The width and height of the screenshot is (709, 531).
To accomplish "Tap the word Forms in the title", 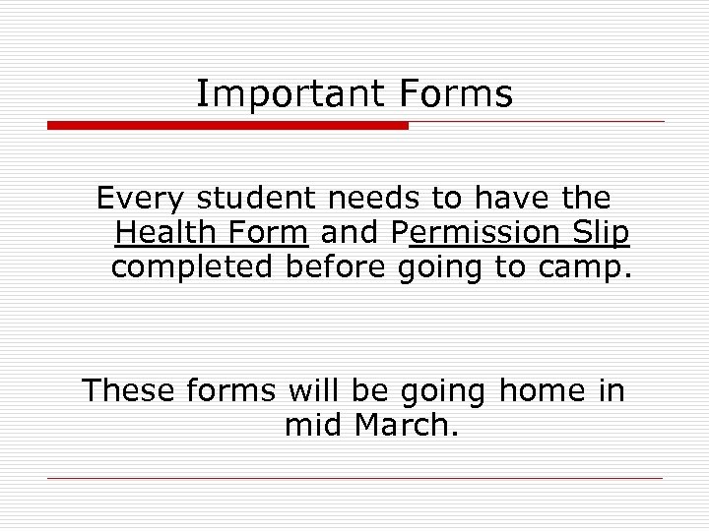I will click(x=456, y=94).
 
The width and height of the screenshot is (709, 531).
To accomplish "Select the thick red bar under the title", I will click(x=227, y=126).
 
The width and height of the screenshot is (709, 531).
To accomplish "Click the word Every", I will click(x=141, y=200).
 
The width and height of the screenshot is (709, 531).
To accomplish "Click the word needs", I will click(x=375, y=199).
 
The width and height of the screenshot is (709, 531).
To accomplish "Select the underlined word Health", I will click(x=161, y=233).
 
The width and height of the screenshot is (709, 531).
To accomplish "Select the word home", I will click(x=542, y=391).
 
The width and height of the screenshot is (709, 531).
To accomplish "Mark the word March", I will click(x=406, y=426).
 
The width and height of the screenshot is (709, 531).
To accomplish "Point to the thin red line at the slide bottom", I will click(x=354, y=479).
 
